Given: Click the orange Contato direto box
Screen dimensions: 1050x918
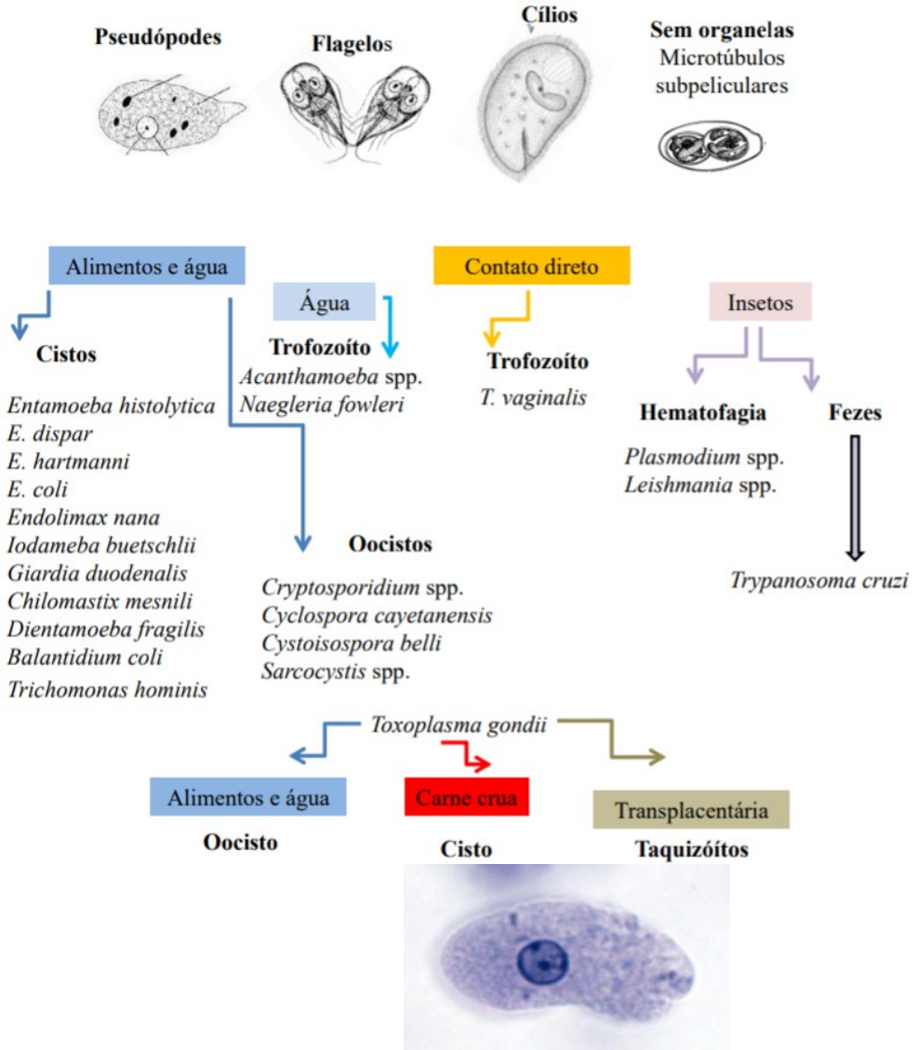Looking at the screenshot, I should pyautogui.click(x=531, y=266).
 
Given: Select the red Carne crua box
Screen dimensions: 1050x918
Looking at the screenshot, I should pyautogui.click(x=466, y=797).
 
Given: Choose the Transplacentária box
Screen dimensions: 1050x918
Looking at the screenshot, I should pyautogui.click(x=691, y=810).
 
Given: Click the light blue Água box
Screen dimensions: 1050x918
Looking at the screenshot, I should pyautogui.click(x=325, y=302).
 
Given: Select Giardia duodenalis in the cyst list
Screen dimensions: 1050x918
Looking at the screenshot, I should pyautogui.click(x=98, y=572).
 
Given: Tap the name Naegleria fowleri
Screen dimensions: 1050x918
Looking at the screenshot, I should pyautogui.click(x=322, y=405).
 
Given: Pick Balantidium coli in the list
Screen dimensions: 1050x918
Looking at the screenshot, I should pyautogui.click(x=86, y=658).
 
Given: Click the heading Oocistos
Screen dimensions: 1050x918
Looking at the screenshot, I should pyautogui.click(x=390, y=544).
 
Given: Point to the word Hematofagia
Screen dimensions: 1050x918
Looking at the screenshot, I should pyautogui.click(x=703, y=412).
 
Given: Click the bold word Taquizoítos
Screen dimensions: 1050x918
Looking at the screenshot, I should pyautogui.click(x=692, y=849).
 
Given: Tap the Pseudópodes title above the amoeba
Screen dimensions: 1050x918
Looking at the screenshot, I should pyautogui.click(x=159, y=38).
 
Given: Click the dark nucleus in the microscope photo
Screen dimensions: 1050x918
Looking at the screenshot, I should pyautogui.click(x=540, y=961).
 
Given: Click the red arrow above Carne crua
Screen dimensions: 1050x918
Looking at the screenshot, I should pyautogui.click(x=467, y=754).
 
